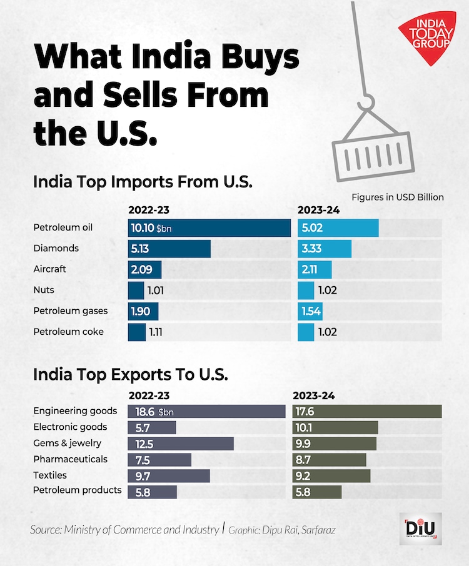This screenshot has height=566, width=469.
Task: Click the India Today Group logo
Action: pos(427,38)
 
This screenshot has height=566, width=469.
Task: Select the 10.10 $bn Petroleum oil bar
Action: pos(209,228)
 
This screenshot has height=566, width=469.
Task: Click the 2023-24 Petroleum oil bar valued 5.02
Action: pos(338,228)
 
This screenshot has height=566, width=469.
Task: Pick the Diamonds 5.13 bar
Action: pos(169,249)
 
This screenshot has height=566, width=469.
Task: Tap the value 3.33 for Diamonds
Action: pos(311,249)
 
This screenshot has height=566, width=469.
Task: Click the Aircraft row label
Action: pos(49,269)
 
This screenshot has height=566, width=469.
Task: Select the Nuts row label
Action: pos(43,290)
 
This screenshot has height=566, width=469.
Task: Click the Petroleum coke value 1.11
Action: pos(156,332)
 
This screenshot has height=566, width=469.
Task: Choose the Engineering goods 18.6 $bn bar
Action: pos(206,412)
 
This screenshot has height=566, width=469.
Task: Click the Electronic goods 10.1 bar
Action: pos(335,427)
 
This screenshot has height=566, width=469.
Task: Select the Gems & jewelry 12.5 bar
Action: pos(180,444)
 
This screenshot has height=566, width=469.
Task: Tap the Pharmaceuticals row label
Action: pos(70,459)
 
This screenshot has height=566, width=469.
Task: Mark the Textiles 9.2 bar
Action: pos(331,475)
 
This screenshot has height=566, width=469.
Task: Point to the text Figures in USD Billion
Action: pos(397,197)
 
